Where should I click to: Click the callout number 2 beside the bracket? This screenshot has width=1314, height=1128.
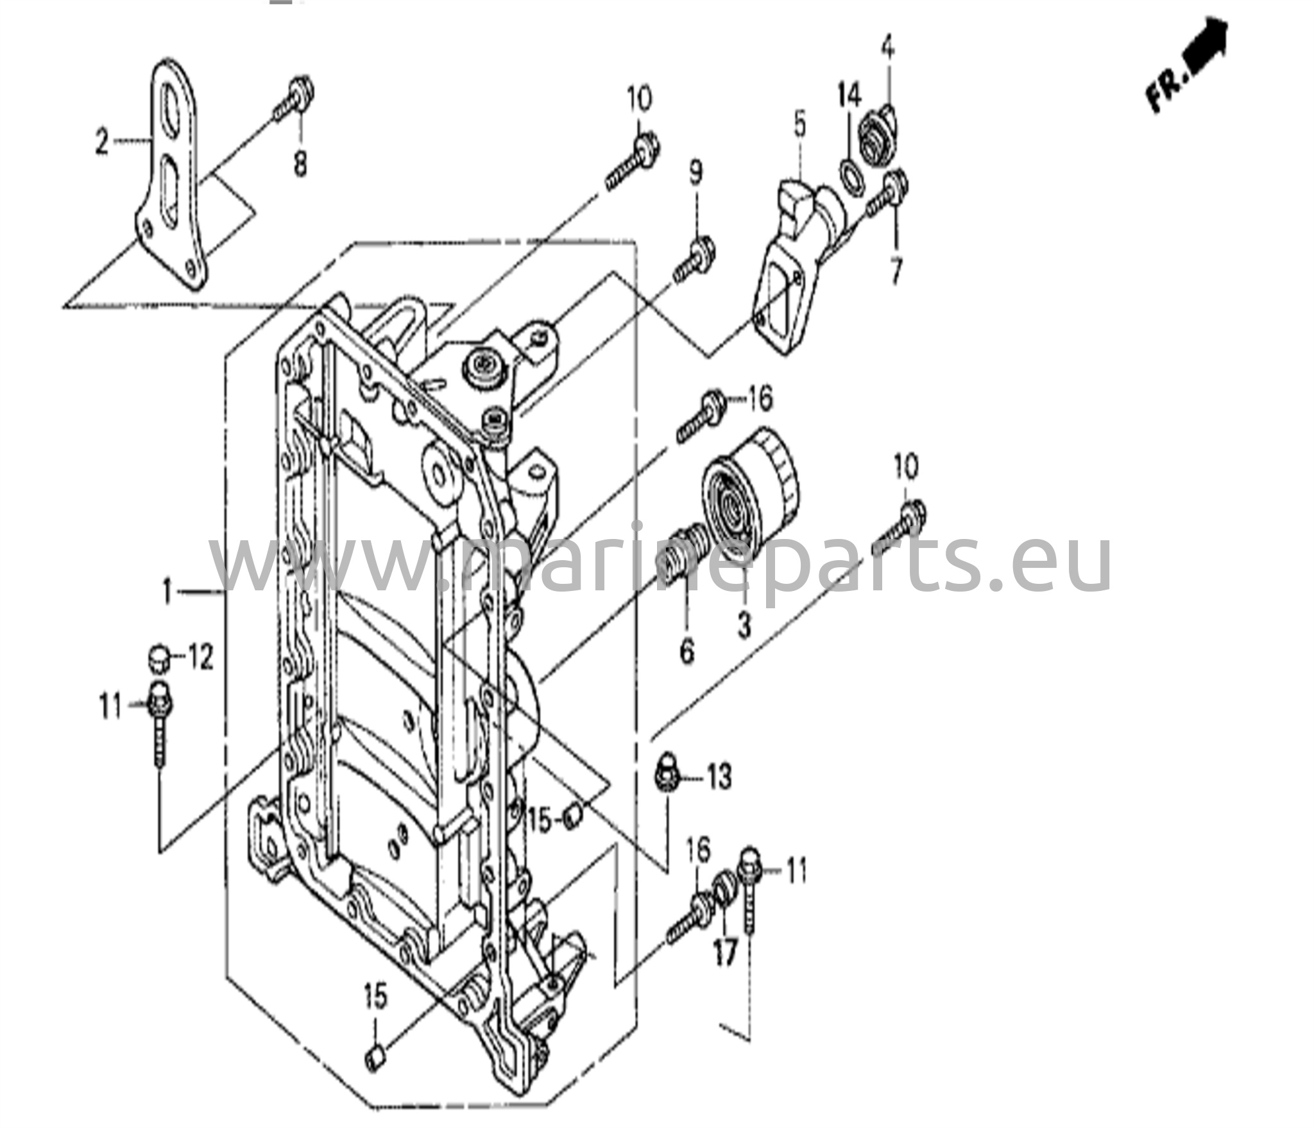(101, 142)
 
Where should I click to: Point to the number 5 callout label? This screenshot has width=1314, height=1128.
(799, 126)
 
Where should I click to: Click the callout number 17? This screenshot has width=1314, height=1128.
(725, 957)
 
